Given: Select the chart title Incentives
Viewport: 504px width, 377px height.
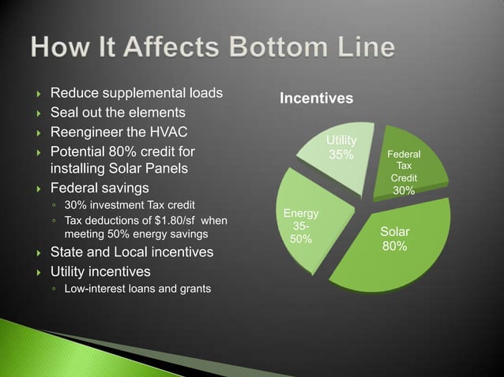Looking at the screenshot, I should (315, 99).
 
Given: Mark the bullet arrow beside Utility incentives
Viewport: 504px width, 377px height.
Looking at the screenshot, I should (38, 271).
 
